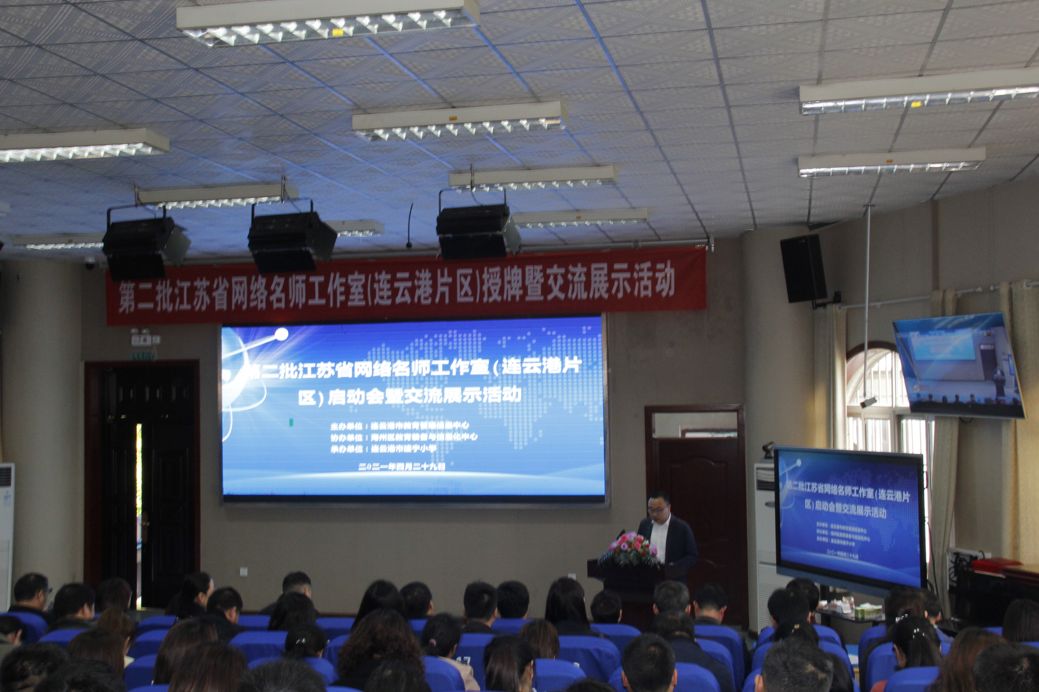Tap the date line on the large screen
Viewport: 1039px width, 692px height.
click(402, 467)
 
